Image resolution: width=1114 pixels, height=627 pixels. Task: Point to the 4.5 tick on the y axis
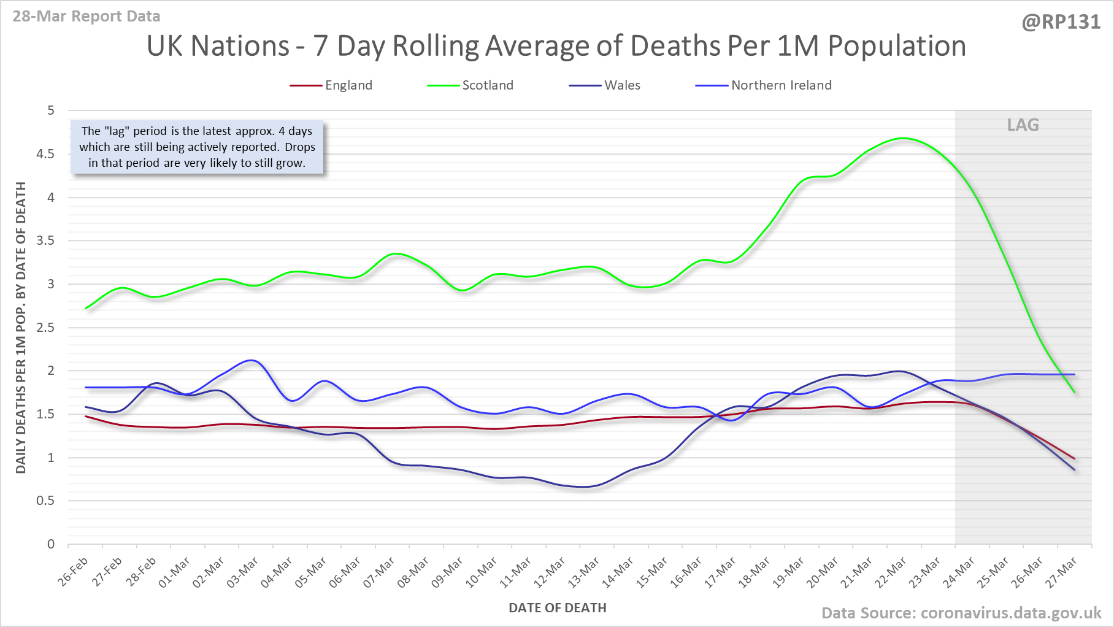(x=45, y=154)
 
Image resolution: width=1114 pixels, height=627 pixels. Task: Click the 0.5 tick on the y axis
(x=45, y=501)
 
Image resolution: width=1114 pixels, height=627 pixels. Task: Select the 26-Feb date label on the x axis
(x=74, y=571)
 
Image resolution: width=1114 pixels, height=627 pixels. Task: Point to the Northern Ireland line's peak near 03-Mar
(x=252, y=360)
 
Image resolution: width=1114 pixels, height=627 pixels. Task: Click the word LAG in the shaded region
(x=1023, y=125)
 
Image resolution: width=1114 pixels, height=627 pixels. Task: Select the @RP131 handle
(x=1061, y=22)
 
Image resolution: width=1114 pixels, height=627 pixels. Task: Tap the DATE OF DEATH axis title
(x=557, y=608)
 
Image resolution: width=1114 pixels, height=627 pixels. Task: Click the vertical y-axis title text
(x=21, y=328)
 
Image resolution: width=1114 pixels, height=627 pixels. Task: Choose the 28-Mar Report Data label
(x=86, y=17)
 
